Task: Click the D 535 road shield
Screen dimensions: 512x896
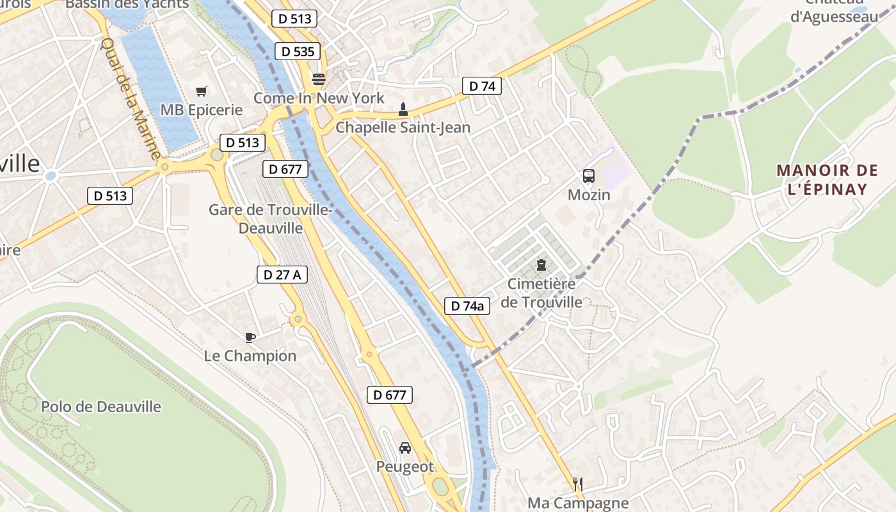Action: coord(298,51)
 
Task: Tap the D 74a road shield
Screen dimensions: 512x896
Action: coord(467,306)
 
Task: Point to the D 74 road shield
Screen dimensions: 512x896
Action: coord(482,86)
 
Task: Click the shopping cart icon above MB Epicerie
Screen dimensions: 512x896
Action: coord(202,92)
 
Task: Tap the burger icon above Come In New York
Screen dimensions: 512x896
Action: coord(318,80)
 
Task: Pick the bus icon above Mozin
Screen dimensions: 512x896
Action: coord(588,176)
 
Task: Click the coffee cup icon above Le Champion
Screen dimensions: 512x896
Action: coord(250,337)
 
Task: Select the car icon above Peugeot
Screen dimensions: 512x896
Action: coord(404,448)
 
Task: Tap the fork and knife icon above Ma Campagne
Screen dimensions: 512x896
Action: coord(578,484)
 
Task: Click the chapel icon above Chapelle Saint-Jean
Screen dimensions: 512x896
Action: coord(403,109)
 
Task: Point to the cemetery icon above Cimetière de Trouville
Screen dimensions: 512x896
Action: coord(541,265)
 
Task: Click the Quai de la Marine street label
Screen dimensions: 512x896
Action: coord(131,99)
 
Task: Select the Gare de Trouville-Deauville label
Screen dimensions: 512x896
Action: coord(271,219)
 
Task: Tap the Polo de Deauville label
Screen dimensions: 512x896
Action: coord(101,406)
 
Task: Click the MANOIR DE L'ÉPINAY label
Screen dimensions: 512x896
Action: coord(827,180)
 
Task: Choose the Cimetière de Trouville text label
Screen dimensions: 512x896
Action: coord(541,293)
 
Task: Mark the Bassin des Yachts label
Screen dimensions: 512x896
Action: coord(127,4)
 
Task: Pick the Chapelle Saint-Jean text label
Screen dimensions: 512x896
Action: coord(403,127)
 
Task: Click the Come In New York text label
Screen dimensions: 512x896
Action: coord(319,98)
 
